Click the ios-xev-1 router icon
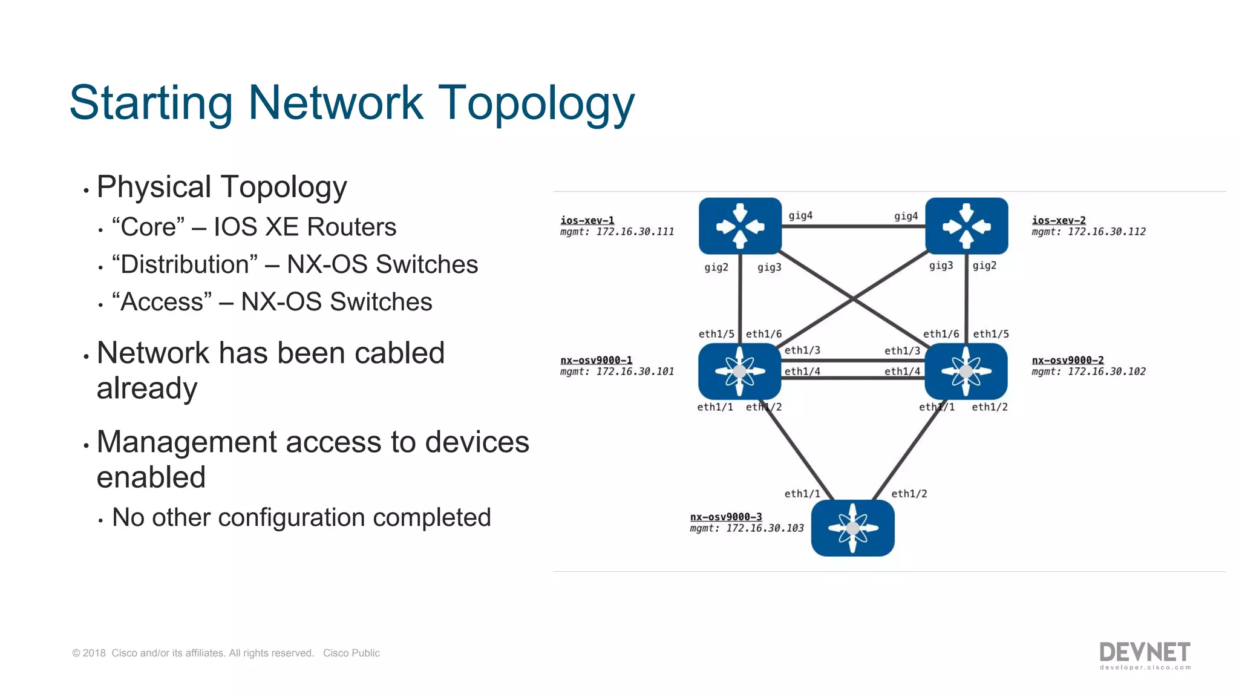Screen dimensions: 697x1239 pyautogui.click(x=740, y=226)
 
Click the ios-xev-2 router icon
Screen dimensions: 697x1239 pyautogui.click(x=966, y=226)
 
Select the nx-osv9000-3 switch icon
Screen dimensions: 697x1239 pyautogui.click(x=852, y=528)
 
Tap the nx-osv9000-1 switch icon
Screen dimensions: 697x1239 pyautogui.click(x=739, y=371)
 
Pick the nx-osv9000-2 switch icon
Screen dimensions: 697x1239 pyautogui.click(x=966, y=371)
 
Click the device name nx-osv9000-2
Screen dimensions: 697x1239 pyautogui.click(x=1068, y=360)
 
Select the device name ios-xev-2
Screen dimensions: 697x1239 pyautogui.click(x=1059, y=220)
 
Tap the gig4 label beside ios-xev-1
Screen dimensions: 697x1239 pyautogui.click(x=800, y=216)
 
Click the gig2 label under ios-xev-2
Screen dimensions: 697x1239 pyautogui.click(x=984, y=266)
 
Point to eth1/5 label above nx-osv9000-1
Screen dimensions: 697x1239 pyautogui.click(x=716, y=334)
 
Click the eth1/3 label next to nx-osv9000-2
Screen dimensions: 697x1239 pyautogui.click(x=902, y=351)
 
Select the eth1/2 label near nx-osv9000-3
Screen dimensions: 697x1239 pyautogui.click(x=909, y=494)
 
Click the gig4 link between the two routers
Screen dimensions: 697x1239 pyautogui.click(x=853, y=226)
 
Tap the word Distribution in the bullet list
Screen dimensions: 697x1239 pyautogui.click(x=185, y=265)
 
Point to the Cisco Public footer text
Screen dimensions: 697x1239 pyautogui.click(x=351, y=653)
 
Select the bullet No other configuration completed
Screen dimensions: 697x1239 pyautogui.click(x=301, y=518)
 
